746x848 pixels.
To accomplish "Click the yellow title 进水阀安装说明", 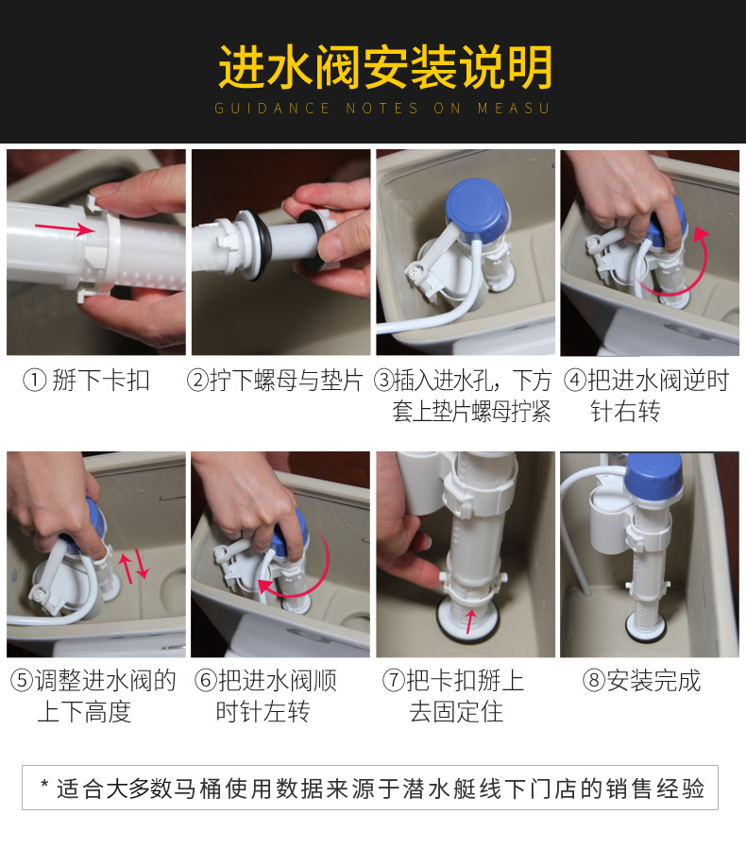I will [384, 67].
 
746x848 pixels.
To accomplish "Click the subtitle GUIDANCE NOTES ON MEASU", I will [382, 109].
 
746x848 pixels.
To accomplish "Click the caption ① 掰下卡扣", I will [87, 381].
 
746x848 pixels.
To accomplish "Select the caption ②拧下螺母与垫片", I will [275, 381].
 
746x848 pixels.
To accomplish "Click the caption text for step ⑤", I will [93, 695].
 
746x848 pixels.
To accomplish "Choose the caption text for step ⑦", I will [453, 695].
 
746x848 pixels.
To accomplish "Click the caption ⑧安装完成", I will [642, 681].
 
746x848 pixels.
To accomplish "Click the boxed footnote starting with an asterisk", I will [370, 788].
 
